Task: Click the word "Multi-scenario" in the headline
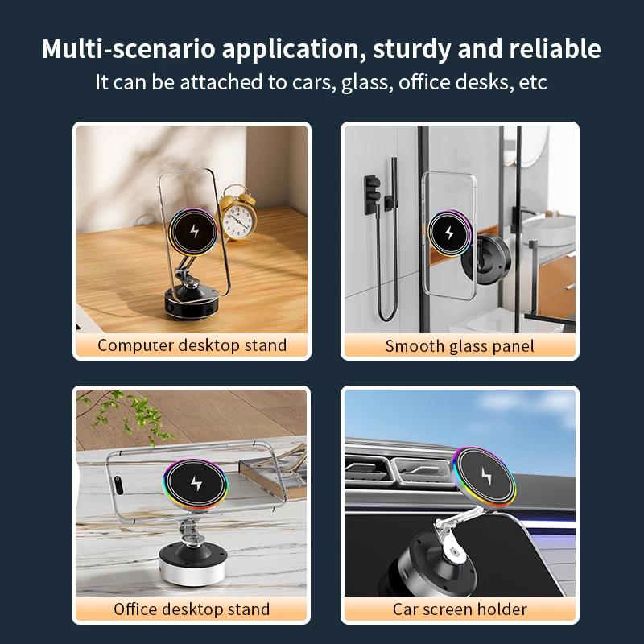(x=128, y=49)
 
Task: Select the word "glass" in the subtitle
(x=365, y=82)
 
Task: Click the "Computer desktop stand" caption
(x=192, y=345)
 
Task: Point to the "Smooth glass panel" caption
(x=460, y=346)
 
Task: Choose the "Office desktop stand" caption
(x=192, y=609)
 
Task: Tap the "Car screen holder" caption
(x=460, y=609)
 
